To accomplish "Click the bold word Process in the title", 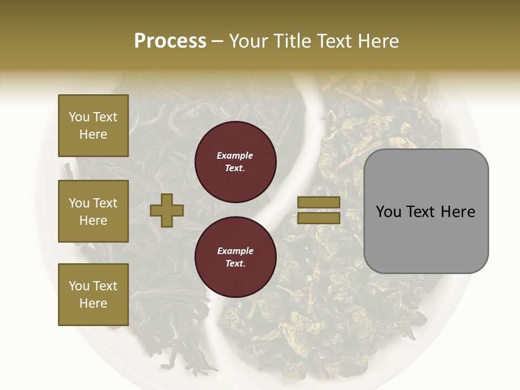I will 170,41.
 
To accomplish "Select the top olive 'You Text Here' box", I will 93,126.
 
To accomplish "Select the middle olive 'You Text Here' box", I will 93,211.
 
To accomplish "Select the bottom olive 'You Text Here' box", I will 93,294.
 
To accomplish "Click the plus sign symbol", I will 167,210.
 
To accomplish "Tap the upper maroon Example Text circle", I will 236,162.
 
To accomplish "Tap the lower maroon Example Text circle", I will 236,257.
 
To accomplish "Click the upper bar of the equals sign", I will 318,203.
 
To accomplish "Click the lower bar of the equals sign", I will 318,218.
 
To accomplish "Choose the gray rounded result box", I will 426,211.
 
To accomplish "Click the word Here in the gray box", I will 458,212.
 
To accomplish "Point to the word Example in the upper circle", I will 235,155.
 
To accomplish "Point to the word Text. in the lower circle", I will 235,264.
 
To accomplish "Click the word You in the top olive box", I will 79,117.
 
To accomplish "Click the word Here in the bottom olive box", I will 93,303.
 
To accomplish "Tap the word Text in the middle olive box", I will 105,203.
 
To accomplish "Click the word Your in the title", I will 247,41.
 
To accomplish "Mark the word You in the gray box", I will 388,212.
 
